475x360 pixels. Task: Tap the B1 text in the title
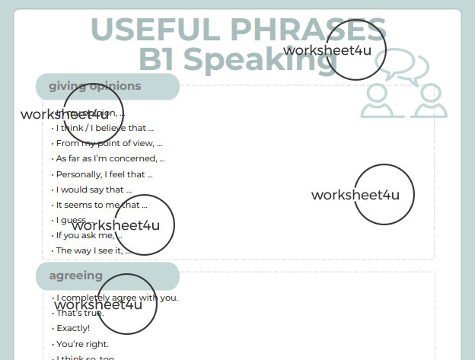coord(158,59)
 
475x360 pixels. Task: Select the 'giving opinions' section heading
coord(95,86)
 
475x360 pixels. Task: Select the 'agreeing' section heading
coord(76,276)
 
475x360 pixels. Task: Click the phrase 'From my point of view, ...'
coord(109,143)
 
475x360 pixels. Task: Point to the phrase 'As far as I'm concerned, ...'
coord(110,158)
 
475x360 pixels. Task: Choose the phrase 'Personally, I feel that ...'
coord(104,174)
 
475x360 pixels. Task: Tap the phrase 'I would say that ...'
coord(94,190)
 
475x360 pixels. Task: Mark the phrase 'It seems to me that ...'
coord(101,205)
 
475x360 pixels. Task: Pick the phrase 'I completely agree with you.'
coord(117,298)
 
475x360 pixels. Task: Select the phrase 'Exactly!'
coord(73,328)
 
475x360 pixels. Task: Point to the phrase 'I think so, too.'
coord(86,357)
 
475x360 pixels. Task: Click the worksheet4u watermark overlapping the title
coord(335,49)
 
